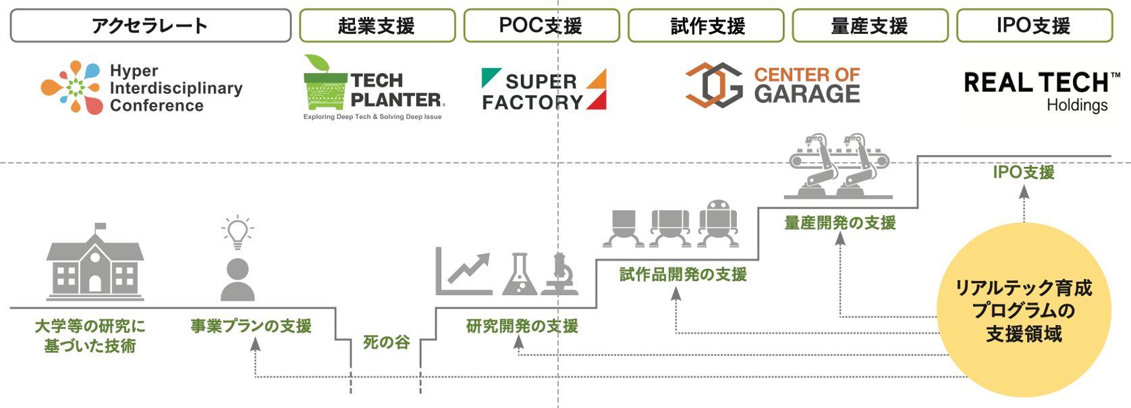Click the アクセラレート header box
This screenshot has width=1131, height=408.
coord(150,26)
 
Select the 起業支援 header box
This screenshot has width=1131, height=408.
coord(377,26)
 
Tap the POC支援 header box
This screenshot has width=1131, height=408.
coord(541,26)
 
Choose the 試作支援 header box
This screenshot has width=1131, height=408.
coord(706,26)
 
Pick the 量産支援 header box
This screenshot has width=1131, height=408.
coord(870,26)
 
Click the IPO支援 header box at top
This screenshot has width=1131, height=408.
coord(1035,26)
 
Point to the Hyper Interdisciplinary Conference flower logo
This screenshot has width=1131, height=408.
coord(72,87)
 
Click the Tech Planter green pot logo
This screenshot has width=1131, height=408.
coord(325,84)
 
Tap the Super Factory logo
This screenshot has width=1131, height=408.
coord(544,90)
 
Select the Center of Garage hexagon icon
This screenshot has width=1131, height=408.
coord(714,85)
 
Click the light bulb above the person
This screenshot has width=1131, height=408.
coord(238,231)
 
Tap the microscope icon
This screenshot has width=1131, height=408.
coord(560,274)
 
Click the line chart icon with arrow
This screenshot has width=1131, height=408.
coord(464,272)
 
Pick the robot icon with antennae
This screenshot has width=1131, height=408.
coord(718,222)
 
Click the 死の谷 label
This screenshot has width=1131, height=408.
coord(386,342)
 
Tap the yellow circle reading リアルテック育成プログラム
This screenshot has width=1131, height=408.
coord(1024,311)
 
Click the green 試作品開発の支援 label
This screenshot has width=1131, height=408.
coord(683,274)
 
